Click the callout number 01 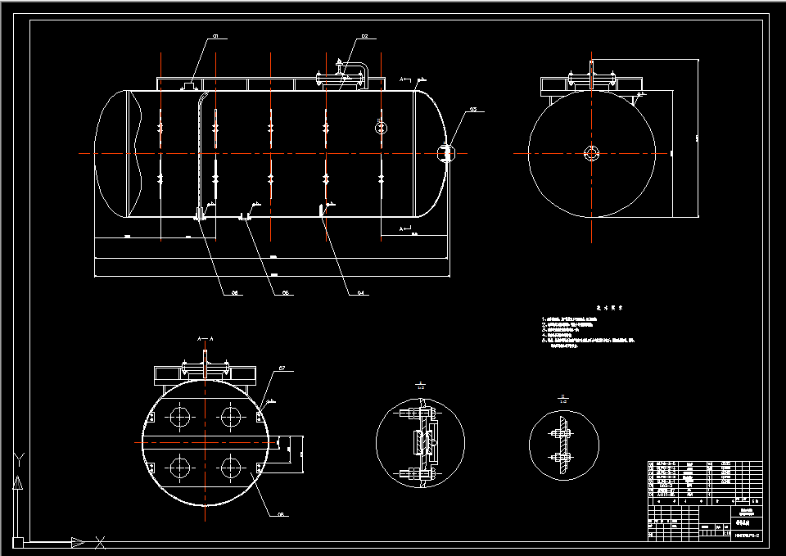coord(216,36)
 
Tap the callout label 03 coord(473,109)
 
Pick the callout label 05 coord(286,292)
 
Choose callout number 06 coord(233,292)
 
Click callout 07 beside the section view coord(282,368)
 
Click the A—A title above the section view coord(205,337)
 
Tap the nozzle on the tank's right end coord(445,153)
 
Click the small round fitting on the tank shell coord(380,126)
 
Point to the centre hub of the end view coord(592,152)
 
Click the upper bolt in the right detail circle coord(562,424)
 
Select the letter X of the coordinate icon coord(100,541)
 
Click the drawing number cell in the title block coord(744,535)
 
